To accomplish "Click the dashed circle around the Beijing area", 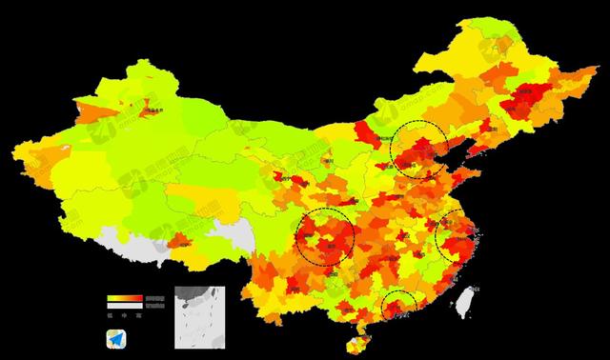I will point(420,150).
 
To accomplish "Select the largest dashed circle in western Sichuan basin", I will point(325,236).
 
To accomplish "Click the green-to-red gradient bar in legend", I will point(125,298).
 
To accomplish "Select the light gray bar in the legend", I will point(125,305).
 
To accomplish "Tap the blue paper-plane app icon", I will point(116,337).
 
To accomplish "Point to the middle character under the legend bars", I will point(125,314).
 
